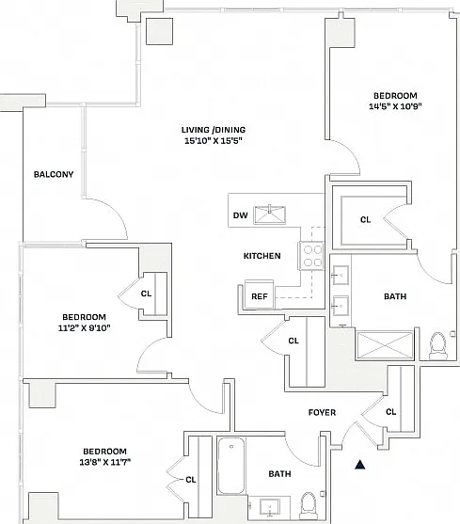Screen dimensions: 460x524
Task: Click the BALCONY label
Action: [x=54, y=174]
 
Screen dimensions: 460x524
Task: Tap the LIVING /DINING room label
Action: [x=214, y=130]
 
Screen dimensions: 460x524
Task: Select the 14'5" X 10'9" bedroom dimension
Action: [x=395, y=106]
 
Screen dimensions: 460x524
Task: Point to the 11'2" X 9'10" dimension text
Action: [x=84, y=327]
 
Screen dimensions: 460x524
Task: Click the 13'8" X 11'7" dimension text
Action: [x=104, y=462]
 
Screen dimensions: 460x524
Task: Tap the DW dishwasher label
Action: [x=241, y=215]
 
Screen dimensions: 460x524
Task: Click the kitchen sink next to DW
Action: [x=270, y=214]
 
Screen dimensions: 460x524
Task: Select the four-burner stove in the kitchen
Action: [x=311, y=256]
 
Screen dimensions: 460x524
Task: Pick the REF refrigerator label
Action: [x=260, y=296]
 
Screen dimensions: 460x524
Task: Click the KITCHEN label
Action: [x=262, y=256]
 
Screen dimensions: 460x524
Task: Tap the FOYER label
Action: [x=322, y=413]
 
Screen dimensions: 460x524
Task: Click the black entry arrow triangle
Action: [x=359, y=465]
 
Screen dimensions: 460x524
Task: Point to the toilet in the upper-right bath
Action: [x=438, y=346]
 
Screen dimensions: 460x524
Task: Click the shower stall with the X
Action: [x=385, y=345]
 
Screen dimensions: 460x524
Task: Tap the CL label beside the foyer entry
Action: [x=390, y=412]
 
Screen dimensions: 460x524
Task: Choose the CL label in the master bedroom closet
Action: [x=366, y=219]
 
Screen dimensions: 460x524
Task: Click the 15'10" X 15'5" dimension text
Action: [x=214, y=141]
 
